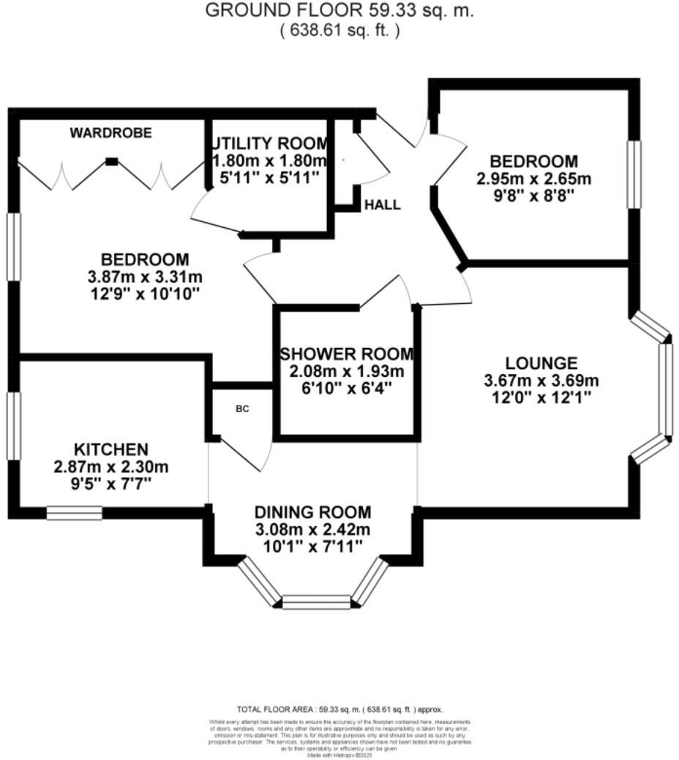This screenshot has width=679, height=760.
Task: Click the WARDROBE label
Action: click(x=111, y=133)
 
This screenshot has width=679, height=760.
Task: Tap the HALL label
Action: click(x=383, y=205)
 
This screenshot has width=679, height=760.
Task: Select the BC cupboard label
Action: click(x=242, y=408)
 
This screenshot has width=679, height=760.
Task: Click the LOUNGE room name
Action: click(x=541, y=362)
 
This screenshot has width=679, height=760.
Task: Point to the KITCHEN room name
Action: click(x=111, y=449)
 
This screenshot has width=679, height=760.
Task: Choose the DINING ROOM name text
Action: click(x=312, y=512)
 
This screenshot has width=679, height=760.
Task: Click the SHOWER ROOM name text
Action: click(x=347, y=354)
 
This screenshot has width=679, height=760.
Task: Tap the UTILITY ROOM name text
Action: click(x=270, y=142)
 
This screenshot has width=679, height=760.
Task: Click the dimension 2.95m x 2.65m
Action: click(x=534, y=178)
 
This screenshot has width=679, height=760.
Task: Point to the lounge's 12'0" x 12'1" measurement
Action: click(x=541, y=398)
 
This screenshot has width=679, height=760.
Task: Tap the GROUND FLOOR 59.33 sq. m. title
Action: click(x=339, y=11)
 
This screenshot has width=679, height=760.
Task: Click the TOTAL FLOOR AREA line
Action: click(x=339, y=709)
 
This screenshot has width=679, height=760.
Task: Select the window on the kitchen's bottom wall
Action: click(x=75, y=513)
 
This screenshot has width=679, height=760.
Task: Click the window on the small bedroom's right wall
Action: click(x=634, y=174)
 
